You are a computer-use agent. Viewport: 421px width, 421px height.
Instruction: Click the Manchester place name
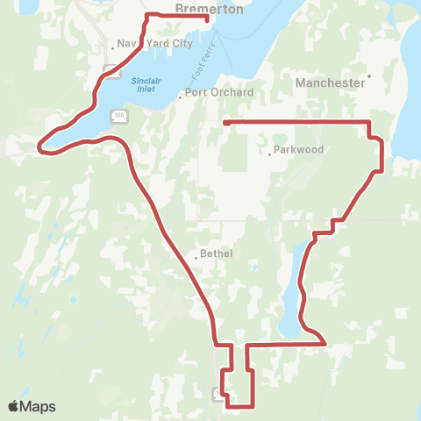click(x=330, y=82)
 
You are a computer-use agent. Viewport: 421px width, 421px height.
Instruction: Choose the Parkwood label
click(x=299, y=149)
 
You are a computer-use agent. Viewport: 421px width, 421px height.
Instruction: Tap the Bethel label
click(x=216, y=253)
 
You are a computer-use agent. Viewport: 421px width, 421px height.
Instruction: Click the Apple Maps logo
click(x=32, y=406)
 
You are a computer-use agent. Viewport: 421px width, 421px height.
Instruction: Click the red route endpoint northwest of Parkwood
click(x=225, y=123)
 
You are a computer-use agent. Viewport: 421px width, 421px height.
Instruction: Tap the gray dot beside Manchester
click(x=369, y=75)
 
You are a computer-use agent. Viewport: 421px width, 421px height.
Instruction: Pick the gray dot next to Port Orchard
click(x=180, y=97)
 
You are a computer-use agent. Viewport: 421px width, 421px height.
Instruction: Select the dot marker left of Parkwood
click(x=270, y=154)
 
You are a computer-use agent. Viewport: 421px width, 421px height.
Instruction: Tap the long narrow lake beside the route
click(x=294, y=289)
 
